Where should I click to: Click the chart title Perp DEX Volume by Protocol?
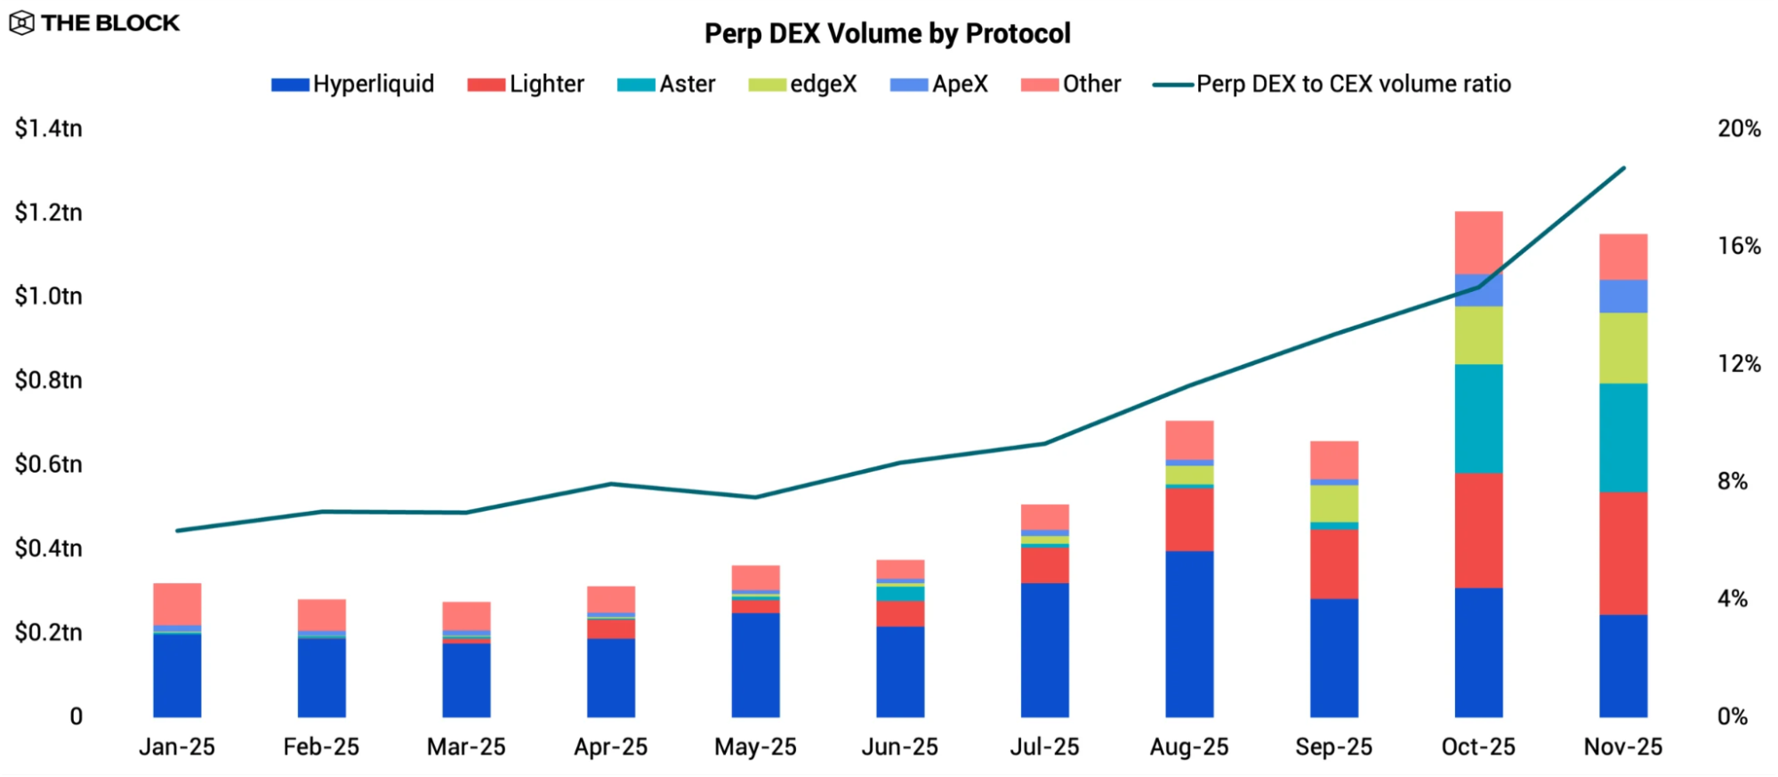coord(887,34)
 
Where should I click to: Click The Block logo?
coord(94,23)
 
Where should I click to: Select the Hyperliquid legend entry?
coord(353,85)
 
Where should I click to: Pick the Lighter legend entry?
coord(526,85)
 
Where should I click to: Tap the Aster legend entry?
coord(666,85)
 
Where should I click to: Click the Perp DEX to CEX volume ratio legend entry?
coord(1331,85)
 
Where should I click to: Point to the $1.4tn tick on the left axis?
coord(48,128)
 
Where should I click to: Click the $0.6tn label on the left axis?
coord(48,464)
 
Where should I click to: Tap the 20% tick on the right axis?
coord(1738,129)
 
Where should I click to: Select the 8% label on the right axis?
coord(1732,482)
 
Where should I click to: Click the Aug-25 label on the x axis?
coord(1188,747)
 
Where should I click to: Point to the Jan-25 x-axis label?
coord(177,747)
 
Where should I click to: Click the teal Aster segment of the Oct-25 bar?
coord(1478,418)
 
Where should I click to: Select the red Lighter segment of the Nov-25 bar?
coord(1622,553)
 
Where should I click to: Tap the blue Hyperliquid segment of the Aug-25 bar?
coord(1189,634)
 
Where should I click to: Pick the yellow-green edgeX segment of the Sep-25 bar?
coord(1333,504)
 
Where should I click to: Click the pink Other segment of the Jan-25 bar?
coord(177,603)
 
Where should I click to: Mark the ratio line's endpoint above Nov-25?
coord(1624,168)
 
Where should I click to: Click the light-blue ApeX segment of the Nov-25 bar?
coord(1622,296)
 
